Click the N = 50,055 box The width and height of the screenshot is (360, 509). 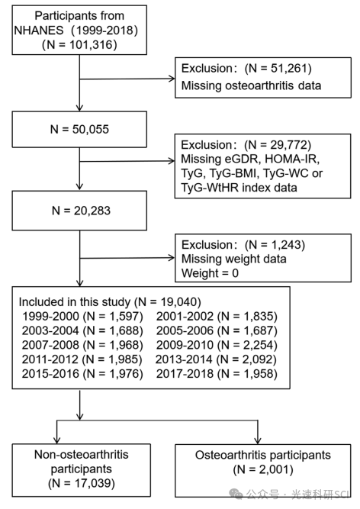79,129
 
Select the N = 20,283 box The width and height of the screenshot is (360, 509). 79,211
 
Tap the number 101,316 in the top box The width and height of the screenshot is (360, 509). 93,44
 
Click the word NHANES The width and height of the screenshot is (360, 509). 39,31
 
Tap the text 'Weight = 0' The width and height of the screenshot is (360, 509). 210,273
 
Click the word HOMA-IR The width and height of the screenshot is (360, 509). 292,159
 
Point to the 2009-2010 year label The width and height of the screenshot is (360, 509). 185,345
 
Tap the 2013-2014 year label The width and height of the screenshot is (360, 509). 184,359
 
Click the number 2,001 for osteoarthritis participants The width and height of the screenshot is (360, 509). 274,469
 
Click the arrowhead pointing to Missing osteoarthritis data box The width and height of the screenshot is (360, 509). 172,79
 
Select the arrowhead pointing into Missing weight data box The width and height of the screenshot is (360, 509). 172,258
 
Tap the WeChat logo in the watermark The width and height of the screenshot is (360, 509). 236,494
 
